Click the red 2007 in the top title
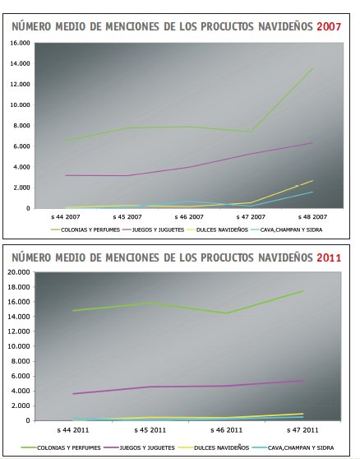(x=329, y=26)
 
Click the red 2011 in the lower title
(x=329, y=258)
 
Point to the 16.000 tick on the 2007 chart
(x=21, y=43)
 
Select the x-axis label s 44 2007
(x=66, y=217)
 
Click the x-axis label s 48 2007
(x=312, y=217)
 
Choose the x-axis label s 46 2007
(x=189, y=217)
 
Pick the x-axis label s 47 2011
(x=302, y=430)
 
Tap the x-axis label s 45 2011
(x=150, y=430)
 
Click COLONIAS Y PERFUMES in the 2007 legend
(x=90, y=230)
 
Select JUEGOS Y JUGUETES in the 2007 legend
(x=158, y=230)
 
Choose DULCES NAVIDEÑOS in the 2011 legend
(x=221, y=447)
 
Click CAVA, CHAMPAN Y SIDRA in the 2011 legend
(x=301, y=447)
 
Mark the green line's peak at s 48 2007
(x=312, y=68)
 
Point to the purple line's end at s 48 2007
(x=312, y=143)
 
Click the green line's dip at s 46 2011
(x=226, y=313)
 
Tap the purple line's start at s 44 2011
(x=73, y=394)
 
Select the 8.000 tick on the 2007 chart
(x=21, y=126)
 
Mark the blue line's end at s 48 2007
(x=312, y=192)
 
